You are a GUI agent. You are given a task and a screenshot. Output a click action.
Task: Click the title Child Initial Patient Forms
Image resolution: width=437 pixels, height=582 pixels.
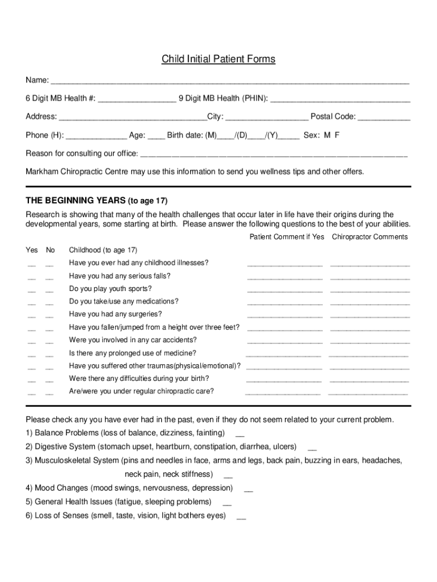coord(218,59)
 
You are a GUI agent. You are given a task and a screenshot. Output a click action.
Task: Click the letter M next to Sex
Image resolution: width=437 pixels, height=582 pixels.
coord(327,135)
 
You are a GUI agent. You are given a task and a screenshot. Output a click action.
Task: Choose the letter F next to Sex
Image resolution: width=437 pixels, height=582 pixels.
coord(337,135)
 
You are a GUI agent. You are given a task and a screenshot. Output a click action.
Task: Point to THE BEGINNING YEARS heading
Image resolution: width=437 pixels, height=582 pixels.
coord(96,201)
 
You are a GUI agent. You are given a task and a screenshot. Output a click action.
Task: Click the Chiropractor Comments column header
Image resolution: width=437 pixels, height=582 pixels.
coord(369,236)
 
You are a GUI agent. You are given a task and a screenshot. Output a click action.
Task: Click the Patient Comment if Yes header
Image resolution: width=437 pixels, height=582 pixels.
coord(287,236)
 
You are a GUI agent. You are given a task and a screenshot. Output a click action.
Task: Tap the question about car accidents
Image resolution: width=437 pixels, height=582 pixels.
coord(133,340)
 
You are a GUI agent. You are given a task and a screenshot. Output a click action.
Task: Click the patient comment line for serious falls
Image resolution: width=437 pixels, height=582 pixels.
coord(285,278)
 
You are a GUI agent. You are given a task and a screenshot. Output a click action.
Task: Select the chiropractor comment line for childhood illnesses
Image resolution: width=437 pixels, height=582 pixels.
coord(369,265)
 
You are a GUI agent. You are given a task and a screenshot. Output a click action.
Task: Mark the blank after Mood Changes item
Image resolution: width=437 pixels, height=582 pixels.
coord(249,490)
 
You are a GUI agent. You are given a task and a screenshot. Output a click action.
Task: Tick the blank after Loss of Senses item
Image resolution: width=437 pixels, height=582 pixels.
coord(241,518)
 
